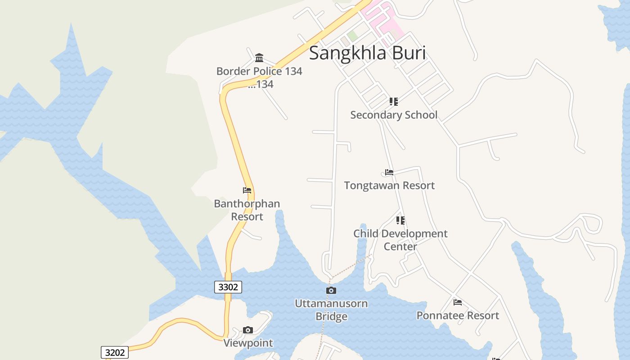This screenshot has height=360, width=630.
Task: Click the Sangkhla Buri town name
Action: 367,53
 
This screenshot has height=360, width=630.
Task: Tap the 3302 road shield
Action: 228,287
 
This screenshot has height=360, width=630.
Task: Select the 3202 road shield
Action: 114,352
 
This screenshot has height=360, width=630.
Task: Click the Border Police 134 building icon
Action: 259,58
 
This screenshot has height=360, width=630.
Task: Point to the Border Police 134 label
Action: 259,71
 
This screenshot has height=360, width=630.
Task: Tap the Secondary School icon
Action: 394,102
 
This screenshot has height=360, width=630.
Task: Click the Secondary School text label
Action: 394,115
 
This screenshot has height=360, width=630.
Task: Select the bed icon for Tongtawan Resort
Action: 389,172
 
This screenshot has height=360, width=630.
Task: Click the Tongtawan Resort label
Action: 389,185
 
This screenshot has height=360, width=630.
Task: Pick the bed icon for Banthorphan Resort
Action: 247,190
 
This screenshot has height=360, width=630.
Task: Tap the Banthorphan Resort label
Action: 247,210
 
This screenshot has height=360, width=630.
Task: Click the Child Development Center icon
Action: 400,220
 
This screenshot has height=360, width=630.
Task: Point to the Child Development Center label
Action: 400,240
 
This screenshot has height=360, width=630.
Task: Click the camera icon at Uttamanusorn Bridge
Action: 331,291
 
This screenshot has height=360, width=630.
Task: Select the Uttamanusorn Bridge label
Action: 331,310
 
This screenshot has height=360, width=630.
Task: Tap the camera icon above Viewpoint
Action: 248,330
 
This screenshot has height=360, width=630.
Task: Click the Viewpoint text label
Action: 248,343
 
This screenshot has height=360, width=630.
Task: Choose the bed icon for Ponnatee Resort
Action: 458,302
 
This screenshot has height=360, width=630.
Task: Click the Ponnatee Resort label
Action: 458,315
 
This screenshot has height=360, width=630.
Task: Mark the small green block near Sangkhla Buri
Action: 353,36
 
